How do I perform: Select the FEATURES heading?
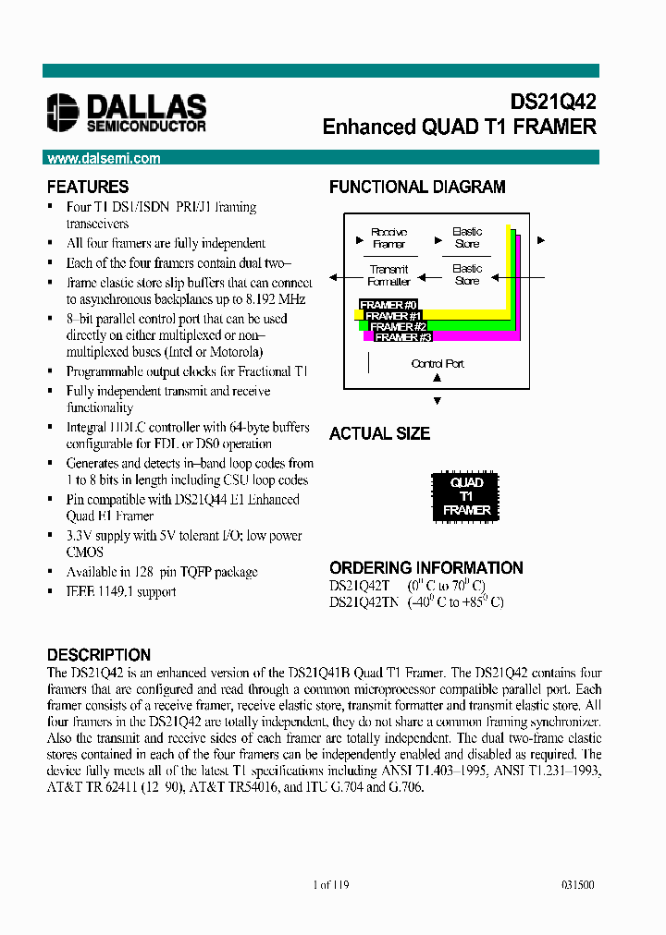(88, 187)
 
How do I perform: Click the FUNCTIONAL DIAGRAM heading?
(417, 187)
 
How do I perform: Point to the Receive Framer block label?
(389, 238)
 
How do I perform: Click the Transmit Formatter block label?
(389, 275)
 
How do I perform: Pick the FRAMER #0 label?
(388, 305)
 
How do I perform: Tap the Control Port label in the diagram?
(438, 364)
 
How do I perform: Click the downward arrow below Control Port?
(438, 401)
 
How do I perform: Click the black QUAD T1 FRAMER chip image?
(466, 496)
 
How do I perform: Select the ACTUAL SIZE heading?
(379, 433)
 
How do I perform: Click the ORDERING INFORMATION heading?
(425, 567)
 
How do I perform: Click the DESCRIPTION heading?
(98, 655)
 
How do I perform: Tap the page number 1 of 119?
(332, 885)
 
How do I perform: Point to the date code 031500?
(577, 885)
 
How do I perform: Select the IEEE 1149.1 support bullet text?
(120, 591)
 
